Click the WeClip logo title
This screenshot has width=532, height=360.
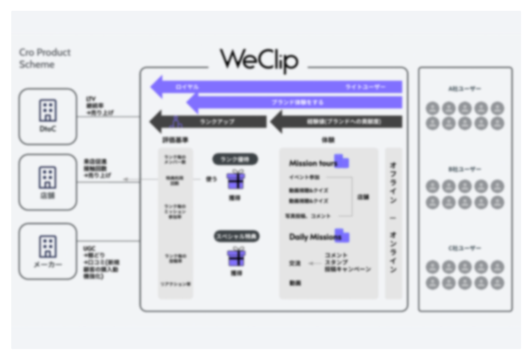(x=259, y=60)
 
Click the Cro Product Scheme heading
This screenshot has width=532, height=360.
(x=44, y=58)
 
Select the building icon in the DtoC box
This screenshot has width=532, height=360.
(x=47, y=110)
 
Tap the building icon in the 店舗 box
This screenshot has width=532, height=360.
(x=47, y=177)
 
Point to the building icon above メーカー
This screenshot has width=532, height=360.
(x=47, y=246)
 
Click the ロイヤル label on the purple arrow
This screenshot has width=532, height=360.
(x=187, y=87)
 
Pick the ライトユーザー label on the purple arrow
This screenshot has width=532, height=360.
(x=365, y=87)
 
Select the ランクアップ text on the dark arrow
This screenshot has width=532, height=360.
(x=217, y=122)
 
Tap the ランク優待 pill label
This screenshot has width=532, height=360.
(x=235, y=159)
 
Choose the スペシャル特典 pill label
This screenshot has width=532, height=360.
(x=235, y=236)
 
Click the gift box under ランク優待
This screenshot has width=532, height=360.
(x=235, y=180)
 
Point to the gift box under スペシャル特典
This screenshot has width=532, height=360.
(x=235, y=256)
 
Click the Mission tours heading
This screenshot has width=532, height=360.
(x=313, y=163)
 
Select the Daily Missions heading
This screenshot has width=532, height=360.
(x=315, y=237)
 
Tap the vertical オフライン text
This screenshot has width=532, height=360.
(x=393, y=184)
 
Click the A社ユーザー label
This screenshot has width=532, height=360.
(x=464, y=89)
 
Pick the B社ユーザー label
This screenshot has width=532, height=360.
(x=464, y=169)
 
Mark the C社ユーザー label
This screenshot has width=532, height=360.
(x=464, y=249)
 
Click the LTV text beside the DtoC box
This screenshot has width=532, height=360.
(x=91, y=98)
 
